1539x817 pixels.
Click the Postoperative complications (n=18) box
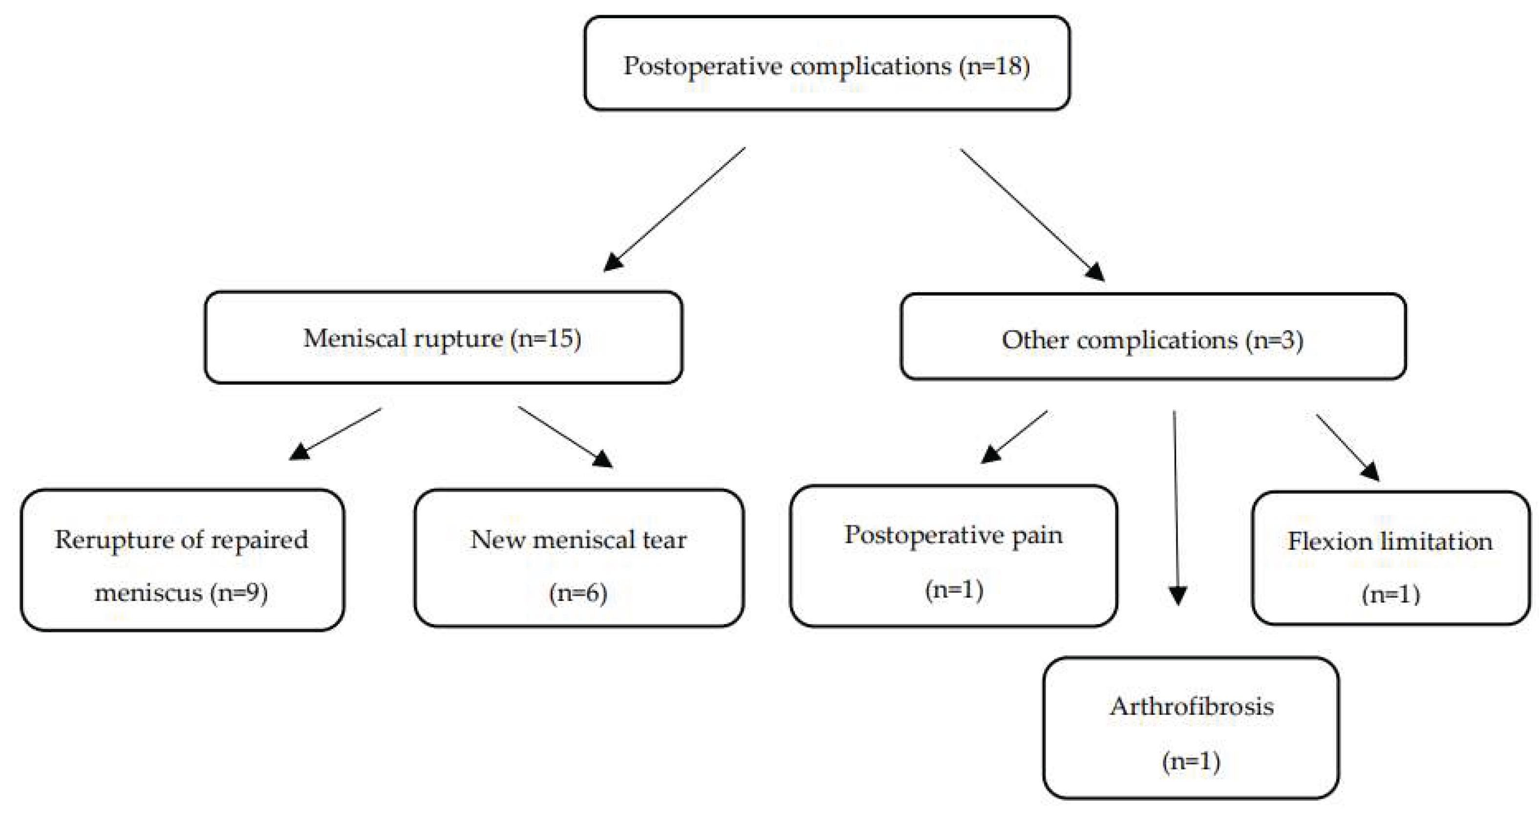point(827,64)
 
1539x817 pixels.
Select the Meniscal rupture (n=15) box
point(443,338)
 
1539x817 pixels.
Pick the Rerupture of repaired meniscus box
point(182,560)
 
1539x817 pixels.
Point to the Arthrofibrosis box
point(1191,728)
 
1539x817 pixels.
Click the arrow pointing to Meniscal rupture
point(675,209)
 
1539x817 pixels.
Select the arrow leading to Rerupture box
point(335,434)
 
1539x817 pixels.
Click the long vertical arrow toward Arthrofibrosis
point(1176,508)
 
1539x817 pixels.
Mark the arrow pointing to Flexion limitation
point(1347,447)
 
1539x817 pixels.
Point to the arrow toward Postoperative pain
point(1014,437)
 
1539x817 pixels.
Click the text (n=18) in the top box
point(994,66)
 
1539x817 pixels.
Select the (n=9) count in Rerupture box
point(238,593)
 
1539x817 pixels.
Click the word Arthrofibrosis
point(1191,707)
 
